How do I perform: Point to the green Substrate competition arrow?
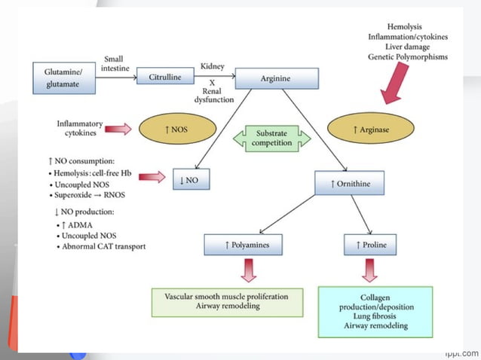pos(272,138)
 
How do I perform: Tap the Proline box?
pos(370,245)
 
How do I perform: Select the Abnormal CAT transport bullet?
pos(100,246)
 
